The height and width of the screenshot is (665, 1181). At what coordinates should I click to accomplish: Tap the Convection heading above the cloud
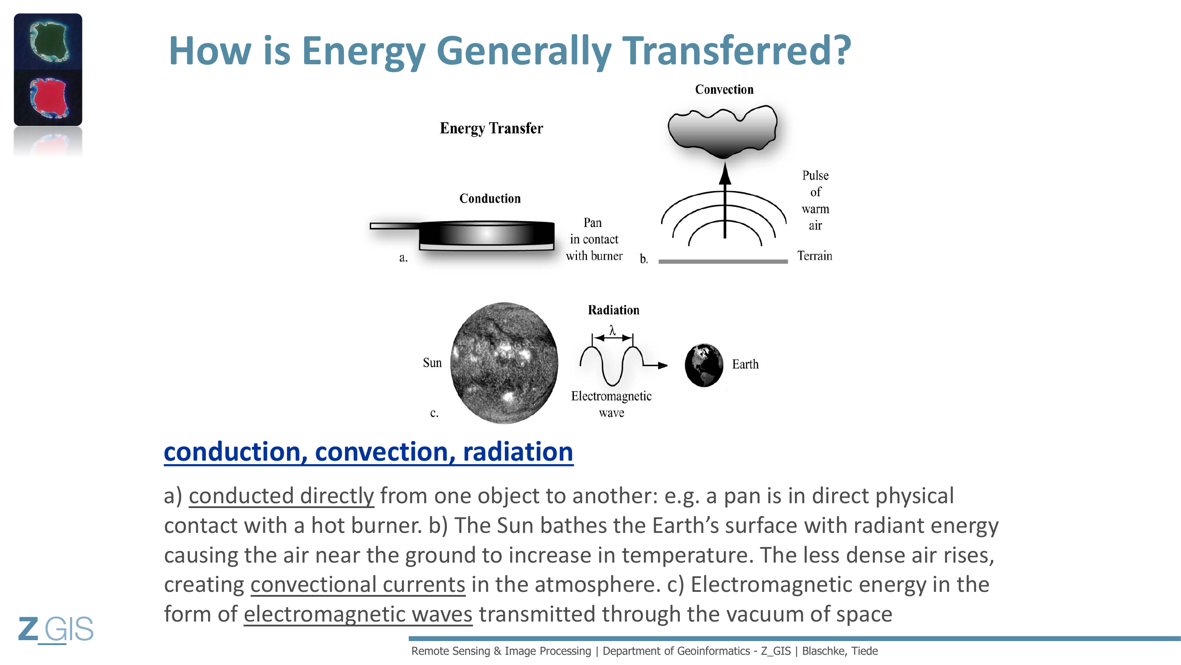click(724, 89)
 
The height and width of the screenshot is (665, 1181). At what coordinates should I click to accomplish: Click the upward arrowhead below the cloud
click(725, 173)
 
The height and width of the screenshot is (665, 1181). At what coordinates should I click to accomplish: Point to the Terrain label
click(814, 256)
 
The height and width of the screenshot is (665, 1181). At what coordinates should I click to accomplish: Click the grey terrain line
click(723, 261)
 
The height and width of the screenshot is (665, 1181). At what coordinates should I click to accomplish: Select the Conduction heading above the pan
click(490, 198)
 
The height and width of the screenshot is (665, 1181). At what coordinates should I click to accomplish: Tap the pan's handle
click(394, 226)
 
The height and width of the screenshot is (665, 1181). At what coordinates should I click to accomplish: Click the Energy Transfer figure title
click(491, 128)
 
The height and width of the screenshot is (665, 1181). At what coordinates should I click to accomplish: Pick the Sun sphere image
click(504, 363)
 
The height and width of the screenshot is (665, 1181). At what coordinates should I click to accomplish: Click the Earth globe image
click(704, 365)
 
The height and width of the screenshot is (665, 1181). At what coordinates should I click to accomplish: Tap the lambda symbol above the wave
click(612, 329)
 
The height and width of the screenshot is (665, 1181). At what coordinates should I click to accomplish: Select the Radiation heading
click(613, 310)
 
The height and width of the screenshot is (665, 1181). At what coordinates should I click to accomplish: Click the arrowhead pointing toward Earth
click(662, 365)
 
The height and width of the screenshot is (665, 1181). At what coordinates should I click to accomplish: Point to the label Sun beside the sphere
click(432, 363)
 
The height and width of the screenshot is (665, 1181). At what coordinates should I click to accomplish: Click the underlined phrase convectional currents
click(358, 585)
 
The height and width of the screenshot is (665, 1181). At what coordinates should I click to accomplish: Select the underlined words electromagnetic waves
click(358, 614)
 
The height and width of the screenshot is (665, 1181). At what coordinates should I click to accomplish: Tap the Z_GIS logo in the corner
click(55, 629)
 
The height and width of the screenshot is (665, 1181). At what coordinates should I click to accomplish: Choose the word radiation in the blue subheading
click(518, 452)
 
